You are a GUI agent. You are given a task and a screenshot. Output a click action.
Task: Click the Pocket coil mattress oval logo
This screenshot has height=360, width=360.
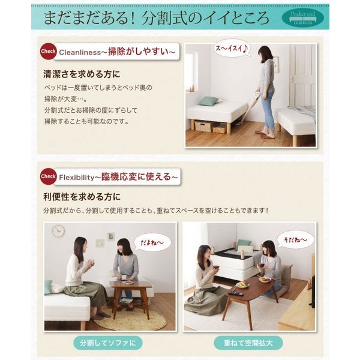click(x=302, y=17)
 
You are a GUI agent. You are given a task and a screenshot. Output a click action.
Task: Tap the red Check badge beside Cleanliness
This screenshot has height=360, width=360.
click(x=48, y=51)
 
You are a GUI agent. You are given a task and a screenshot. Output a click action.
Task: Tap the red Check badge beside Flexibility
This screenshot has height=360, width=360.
click(x=48, y=176)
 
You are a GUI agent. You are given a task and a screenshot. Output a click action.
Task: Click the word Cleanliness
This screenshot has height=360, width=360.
click(x=80, y=52)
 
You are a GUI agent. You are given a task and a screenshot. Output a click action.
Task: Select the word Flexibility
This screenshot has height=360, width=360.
click(x=77, y=178)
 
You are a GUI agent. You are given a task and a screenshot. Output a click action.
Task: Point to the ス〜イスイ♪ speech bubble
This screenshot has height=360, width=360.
click(x=232, y=48)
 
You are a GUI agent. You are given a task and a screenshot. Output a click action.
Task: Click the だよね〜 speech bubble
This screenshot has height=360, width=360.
click(x=152, y=242)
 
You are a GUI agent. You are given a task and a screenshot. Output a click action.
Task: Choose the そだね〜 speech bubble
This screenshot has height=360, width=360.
click(x=295, y=239)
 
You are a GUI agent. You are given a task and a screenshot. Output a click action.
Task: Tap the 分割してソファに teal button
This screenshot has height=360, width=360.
click(x=107, y=343)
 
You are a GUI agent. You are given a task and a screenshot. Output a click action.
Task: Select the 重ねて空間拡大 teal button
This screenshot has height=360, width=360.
click(x=248, y=343)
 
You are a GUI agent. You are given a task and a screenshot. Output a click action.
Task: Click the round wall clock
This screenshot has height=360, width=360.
click(x=58, y=231)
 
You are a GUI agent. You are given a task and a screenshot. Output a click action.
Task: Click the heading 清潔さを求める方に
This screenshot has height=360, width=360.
click(x=82, y=74)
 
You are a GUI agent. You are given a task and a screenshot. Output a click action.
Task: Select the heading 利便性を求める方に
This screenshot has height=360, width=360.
click(x=82, y=197)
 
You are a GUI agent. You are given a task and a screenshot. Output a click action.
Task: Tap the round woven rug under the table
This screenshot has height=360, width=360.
click(x=131, y=318)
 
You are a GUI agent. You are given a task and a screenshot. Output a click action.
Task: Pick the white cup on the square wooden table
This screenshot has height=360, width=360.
click(x=124, y=277)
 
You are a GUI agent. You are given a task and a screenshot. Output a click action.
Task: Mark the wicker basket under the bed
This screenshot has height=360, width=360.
click(x=204, y=126)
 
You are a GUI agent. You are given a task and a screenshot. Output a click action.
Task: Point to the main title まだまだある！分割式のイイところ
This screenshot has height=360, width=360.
click(x=157, y=18)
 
